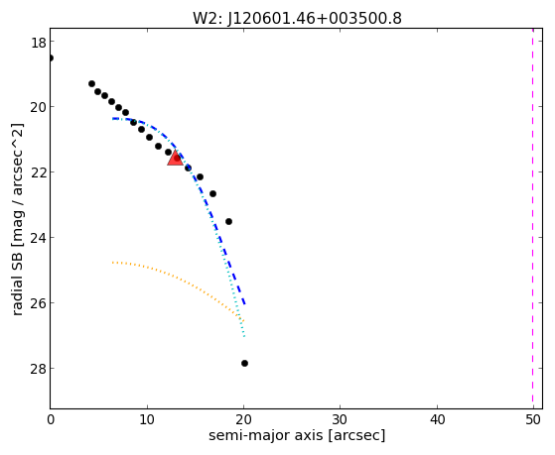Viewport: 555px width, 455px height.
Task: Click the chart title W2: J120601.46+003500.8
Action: click(297, 18)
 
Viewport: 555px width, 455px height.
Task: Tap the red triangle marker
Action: click(175, 159)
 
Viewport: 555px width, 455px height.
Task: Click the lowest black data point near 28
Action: click(244, 363)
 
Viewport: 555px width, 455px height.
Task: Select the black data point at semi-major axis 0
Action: click(51, 57)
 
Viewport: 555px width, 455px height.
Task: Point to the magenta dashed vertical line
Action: click(533, 218)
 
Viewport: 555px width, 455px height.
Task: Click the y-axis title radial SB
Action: click(18, 219)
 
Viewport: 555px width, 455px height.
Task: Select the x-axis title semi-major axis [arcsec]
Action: click(297, 435)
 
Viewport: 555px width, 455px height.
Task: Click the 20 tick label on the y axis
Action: click(38, 107)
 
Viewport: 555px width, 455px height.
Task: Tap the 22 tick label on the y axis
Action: click(38, 172)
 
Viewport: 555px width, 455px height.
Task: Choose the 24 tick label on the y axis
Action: click(38, 238)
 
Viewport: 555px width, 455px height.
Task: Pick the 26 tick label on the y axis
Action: click(38, 303)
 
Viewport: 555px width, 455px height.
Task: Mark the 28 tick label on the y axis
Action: click(38, 369)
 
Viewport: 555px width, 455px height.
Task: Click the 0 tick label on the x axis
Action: click(51, 419)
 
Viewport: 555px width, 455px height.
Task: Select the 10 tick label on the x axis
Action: click(147, 419)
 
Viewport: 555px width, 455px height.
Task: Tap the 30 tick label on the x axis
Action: click(341, 419)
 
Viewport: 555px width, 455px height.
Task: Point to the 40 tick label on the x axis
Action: click(437, 419)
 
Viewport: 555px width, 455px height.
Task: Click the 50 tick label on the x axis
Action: click(533, 419)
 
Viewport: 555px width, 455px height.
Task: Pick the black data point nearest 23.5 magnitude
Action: click(228, 222)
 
